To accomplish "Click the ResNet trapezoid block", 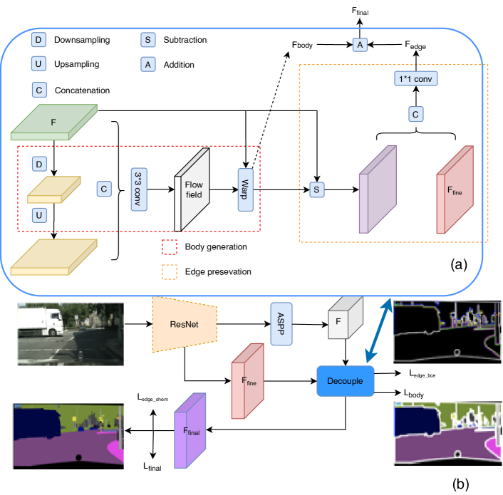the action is (185, 324).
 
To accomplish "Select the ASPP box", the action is (281, 324).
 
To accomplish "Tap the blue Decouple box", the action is (345, 381).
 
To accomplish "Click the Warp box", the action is (245, 189).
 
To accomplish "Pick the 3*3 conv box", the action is (139, 189).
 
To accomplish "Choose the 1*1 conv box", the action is (416, 78).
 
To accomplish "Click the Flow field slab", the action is (192, 189).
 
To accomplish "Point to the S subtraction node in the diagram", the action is (316, 189).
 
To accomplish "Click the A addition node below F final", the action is (360, 45).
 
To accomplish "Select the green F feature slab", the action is (54, 122).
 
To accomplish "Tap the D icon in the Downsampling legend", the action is (38, 40).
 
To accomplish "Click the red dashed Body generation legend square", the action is (170, 247).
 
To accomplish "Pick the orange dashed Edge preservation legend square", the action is (170, 272).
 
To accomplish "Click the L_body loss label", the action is (414, 393).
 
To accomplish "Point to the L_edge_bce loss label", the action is (422, 374).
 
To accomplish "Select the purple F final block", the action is (190, 431).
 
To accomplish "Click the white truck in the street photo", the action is (41, 321).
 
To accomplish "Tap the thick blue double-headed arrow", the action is (379, 331).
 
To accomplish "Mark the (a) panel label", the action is (459, 265).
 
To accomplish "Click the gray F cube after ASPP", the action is (345, 318).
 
